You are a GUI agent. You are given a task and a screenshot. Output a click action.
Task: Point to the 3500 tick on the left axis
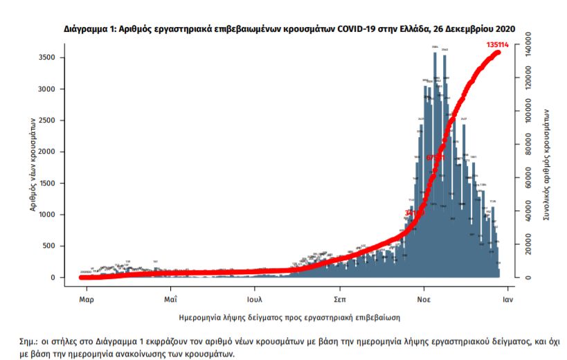46,57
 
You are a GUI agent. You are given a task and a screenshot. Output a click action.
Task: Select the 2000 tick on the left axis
46,152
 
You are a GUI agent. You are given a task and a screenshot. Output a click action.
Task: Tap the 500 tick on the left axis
48,246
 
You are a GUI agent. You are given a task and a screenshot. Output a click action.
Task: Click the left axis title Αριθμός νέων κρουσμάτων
32,163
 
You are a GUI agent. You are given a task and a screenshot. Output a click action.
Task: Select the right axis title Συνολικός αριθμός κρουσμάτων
547,163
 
